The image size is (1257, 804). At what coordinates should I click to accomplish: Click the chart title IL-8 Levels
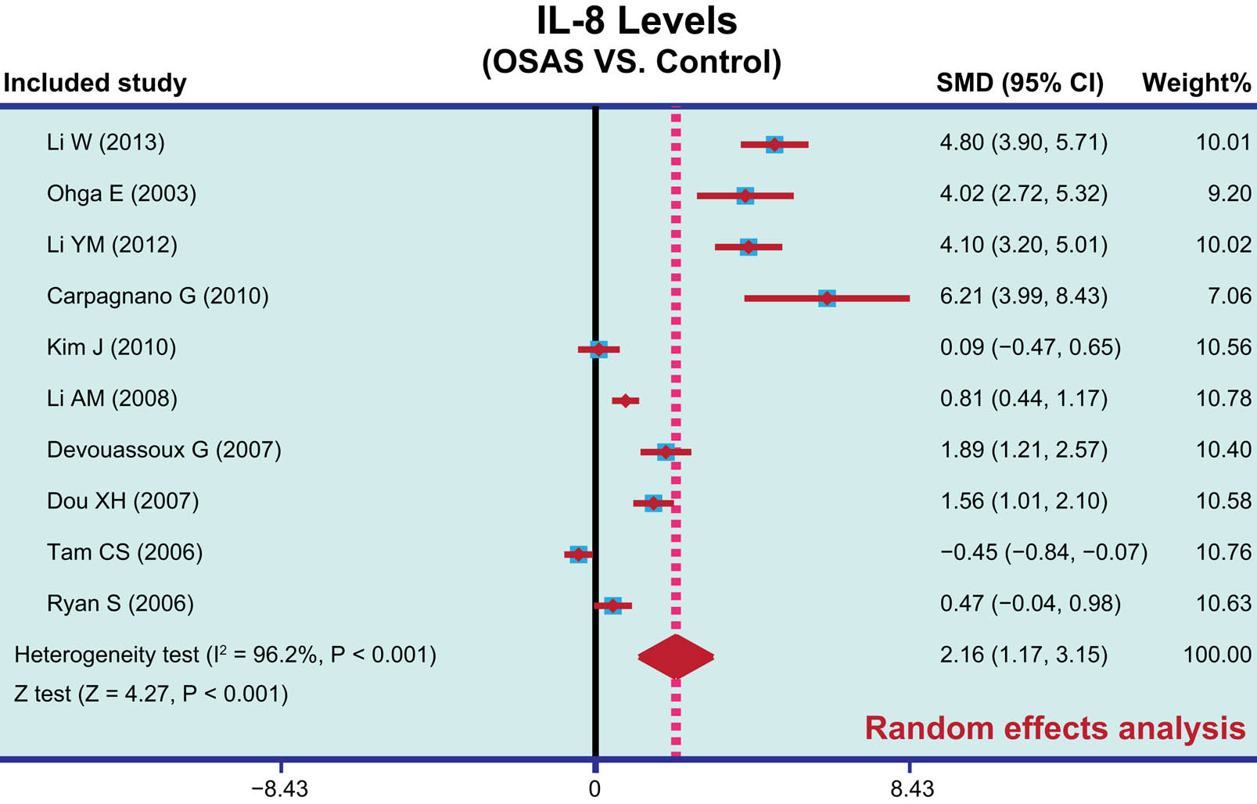[x=636, y=21]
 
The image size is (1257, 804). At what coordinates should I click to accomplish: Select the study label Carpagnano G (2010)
[x=157, y=296]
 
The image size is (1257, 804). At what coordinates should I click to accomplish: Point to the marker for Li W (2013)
[x=774, y=144]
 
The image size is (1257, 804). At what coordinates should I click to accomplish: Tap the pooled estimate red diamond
[x=676, y=656]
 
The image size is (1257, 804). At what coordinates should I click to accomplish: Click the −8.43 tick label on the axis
[x=279, y=788]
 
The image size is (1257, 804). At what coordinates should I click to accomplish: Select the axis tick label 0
[x=594, y=788]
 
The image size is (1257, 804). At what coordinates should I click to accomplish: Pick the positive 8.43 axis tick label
[x=912, y=788]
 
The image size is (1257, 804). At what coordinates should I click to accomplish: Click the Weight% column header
[x=1196, y=83]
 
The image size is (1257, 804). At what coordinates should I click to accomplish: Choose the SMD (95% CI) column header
[x=1019, y=83]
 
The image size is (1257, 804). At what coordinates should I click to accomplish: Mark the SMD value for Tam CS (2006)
[x=1043, y=553]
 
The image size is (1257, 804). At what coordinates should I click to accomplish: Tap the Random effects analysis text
[x=1054, y=728]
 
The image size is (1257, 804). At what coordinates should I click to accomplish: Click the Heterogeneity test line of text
[x=225, y=655]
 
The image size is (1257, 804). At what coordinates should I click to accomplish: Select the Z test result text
[x=151, y=694]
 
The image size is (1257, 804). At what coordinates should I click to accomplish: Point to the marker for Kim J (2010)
[x=598, y=349]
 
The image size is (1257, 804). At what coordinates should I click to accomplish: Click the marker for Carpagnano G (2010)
[x=827, y=298]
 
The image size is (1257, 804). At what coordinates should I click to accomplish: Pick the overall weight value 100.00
[x=1217, y=655]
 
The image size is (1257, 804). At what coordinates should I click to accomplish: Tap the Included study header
[x=95, y=83]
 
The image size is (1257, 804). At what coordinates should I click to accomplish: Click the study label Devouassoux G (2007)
[x=163, y=450]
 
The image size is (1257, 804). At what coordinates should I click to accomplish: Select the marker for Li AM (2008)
[x=625, y=400]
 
